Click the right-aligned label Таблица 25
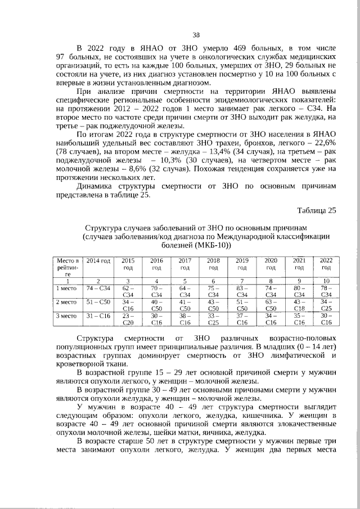click(317, 210)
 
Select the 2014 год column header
click(98, 261)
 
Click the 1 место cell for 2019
click(242, 291)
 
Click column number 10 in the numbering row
click(326, 281)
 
